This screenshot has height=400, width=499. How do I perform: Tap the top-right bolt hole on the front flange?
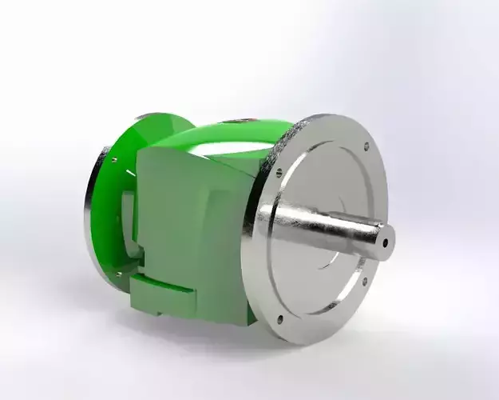point(366,146)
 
